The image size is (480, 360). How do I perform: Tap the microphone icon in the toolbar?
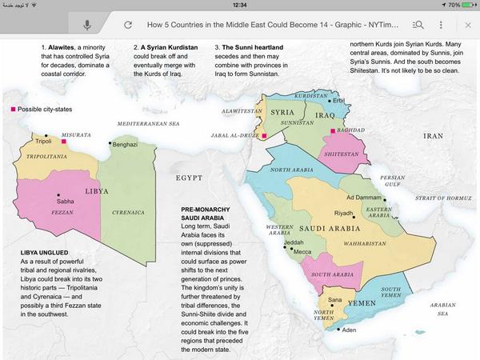(x=86, y=25)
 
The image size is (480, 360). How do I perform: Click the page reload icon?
(x=128, y=25)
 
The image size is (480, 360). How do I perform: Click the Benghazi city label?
(x=125, y=145)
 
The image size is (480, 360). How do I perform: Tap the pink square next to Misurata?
(x=63, y=142)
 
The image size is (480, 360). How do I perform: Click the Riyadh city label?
(x=343, y=214)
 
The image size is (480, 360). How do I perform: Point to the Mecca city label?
(x=302, y=252)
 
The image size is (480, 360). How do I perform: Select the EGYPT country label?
(x=192, y=177)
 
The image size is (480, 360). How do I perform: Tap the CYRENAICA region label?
(x=127, y=213)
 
